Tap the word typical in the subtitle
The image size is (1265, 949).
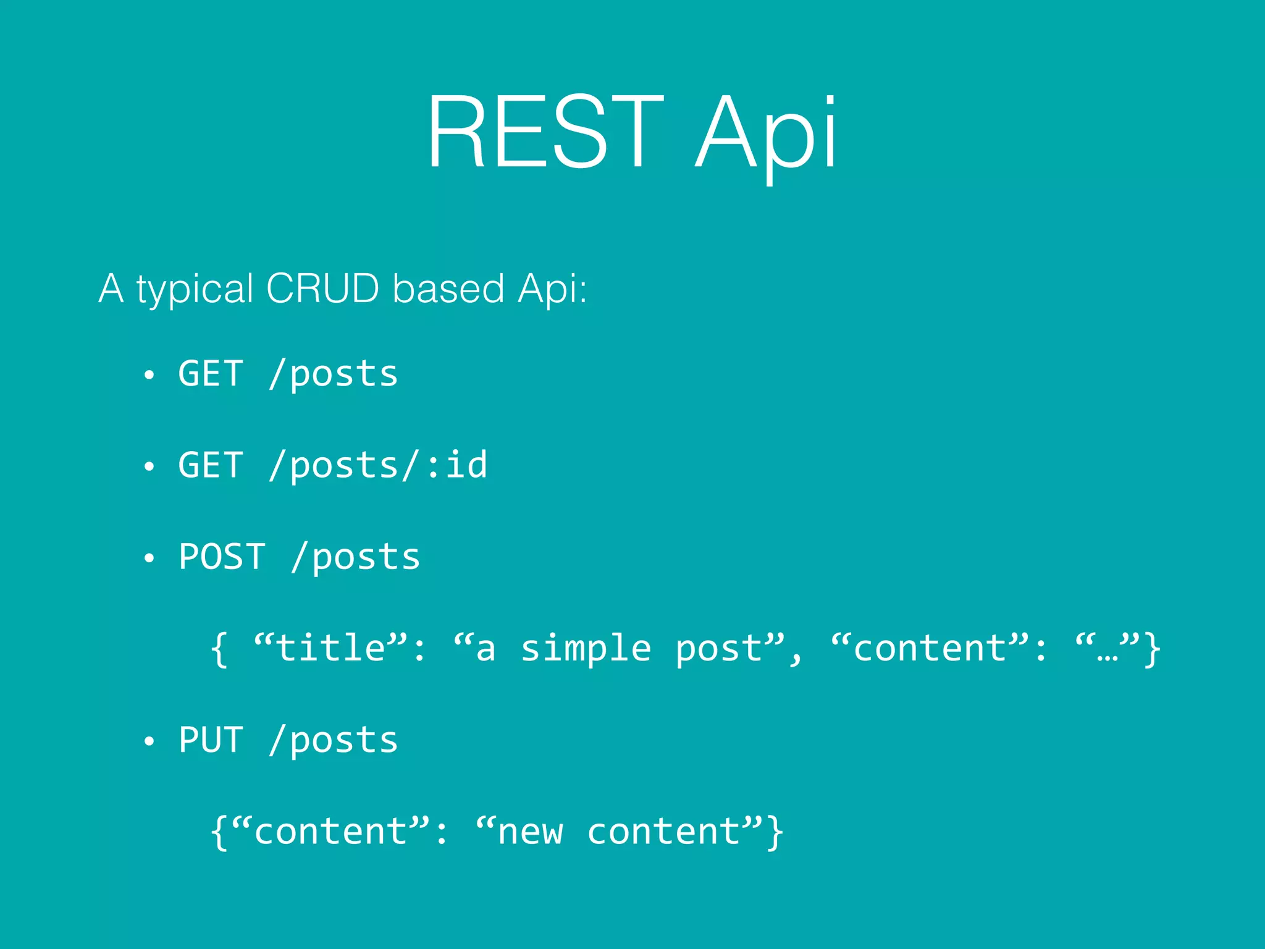[195, 289]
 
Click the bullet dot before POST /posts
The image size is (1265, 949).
[148, 558]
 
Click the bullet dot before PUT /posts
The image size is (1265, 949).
[148, 741]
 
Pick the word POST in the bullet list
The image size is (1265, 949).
[222, 556]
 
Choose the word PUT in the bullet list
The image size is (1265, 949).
[211, 740]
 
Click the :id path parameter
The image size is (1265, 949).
[457, 465]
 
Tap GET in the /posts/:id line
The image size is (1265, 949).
[211, 465]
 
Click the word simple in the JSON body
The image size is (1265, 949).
[586, 648]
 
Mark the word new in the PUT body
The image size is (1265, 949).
[531, 832]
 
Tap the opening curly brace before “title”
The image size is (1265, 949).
[219, 649]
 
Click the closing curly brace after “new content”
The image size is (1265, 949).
[775, 832]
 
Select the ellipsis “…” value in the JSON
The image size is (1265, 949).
[1107, 648]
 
